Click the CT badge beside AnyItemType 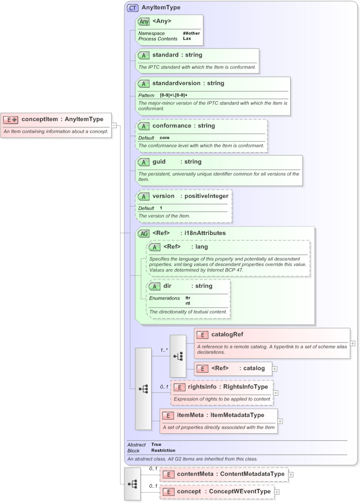click(132, 8)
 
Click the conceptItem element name click(40, 119)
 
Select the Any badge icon click(143, 22)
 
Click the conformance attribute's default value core click(164, 137)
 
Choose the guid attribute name click(159, 162)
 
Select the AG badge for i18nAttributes click(143, 233)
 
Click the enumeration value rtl click(188, 303)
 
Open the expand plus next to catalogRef click(353, 343)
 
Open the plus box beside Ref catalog click(274, 368)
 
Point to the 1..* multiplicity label click(164, 350)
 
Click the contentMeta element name click(195, 474)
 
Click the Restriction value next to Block click(163, 451)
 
